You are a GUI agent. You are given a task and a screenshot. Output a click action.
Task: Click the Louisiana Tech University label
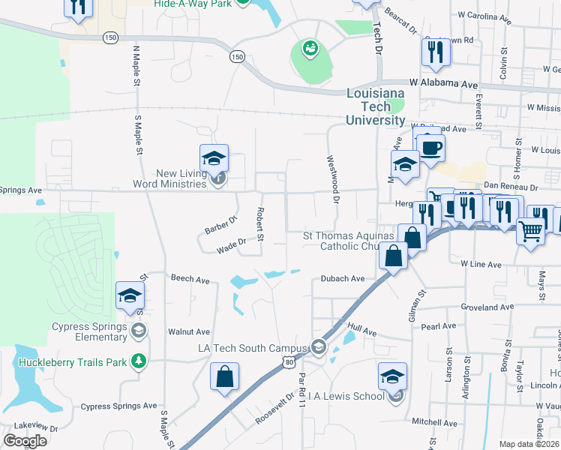tap(376, 106)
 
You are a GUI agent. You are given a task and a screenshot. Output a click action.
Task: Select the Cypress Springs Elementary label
tap(89, 331)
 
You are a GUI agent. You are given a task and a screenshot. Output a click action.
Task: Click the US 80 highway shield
tap(289, 361)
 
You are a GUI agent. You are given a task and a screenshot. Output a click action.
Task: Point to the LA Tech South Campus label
tap(253, 348)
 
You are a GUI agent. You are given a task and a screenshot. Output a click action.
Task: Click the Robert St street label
tap(260, 225)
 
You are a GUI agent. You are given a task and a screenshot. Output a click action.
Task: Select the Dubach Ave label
tap(343, 278)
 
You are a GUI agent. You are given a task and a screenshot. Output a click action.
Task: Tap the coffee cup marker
tap(430, 148)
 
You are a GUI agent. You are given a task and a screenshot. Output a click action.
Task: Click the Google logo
tap(25, 441)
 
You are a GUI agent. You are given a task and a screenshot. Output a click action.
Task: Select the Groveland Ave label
tap(487, 307)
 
